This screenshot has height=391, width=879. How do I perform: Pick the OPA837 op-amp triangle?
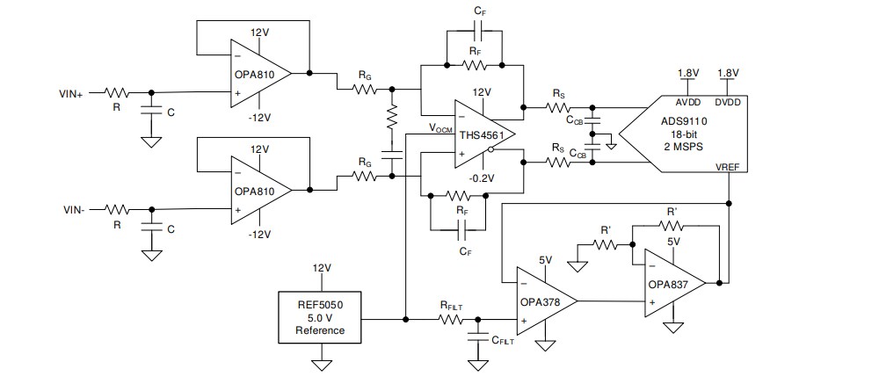(673, 283)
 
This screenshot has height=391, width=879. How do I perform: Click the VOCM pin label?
(440, 128)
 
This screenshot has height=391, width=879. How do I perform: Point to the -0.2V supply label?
(481, 178)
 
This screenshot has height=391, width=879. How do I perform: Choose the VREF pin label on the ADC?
(728, 166)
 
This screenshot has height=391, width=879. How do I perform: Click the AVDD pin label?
(688, 99)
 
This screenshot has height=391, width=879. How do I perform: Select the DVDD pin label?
(728, 99)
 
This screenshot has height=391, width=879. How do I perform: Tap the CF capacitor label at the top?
(479, 10)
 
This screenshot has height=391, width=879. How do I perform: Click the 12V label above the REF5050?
(322, 267)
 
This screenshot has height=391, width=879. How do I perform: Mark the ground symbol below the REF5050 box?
(322, 363)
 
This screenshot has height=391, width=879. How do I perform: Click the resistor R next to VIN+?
(117, 91)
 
